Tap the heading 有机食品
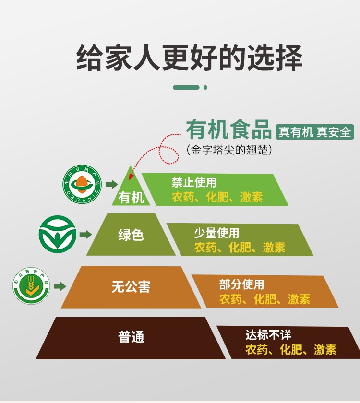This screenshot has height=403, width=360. click(x=229, y=130)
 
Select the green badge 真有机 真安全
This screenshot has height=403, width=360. click(x=315, y=131)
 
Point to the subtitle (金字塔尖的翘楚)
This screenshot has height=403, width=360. click(x=229, y=150)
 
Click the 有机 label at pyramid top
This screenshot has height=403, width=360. click(x=131, y=197)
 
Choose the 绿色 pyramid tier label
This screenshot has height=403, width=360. click(x=131, y=235)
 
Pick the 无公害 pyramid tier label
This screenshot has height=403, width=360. click(x=131, y=287)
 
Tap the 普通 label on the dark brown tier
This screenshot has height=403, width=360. click(x=131, y=337)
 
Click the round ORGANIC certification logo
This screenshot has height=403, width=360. click(x=83, y=184)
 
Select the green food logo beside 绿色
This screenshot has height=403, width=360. click(x=58, y=235)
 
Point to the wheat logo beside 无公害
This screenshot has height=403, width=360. click(x=31, y=286)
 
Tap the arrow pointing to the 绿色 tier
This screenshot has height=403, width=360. click(x=85, y=235)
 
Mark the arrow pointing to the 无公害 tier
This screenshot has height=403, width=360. click(x=60, y=286)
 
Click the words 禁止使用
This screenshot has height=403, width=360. click(x=194, y=182)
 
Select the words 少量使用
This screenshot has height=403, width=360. click(x=216, y=233)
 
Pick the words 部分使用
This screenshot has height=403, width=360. click(x=241, y=284)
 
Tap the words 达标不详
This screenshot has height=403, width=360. click(x=268, y=335)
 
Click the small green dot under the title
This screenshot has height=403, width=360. click(x=205, y=87)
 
